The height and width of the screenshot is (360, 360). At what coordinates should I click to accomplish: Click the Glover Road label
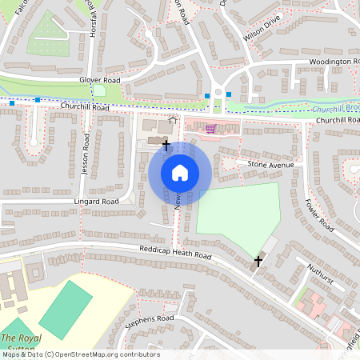point(98,81)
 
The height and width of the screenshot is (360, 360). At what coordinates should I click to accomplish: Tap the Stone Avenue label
point(270,165)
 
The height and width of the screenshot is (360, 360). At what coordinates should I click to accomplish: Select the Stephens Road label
point(150,322)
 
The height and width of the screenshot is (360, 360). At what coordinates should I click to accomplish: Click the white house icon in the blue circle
point(180,173)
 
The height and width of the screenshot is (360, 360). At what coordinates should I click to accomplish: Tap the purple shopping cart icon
point(210,128)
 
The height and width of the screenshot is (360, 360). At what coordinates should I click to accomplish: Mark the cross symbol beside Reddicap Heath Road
point(258,262)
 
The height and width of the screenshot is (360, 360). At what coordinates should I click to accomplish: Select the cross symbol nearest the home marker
point(166,145)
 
